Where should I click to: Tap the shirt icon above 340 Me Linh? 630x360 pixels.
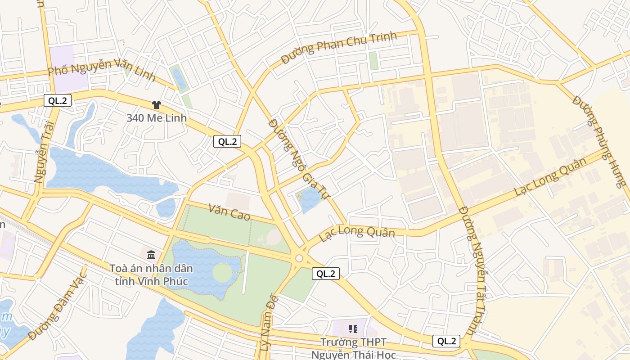pos(156,105)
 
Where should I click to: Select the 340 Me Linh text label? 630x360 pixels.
pos(156,118)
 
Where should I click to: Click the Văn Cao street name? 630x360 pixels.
pos(229,211)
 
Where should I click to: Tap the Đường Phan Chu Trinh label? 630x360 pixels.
pos(339,47)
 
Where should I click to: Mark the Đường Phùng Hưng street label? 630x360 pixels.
pos(599,140)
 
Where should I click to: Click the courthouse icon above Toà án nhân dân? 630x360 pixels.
pos(151,254)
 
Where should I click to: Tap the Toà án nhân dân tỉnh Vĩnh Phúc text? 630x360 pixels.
pos(151,275)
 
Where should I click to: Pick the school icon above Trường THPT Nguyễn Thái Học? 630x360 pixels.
pos(353,329)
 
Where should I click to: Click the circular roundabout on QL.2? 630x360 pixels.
pos(299,258)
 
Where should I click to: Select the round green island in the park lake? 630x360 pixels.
pos(222,272)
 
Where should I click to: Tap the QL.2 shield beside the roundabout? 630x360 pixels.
pos(325,273)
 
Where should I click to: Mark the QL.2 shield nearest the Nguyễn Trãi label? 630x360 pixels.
pos(58,100)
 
